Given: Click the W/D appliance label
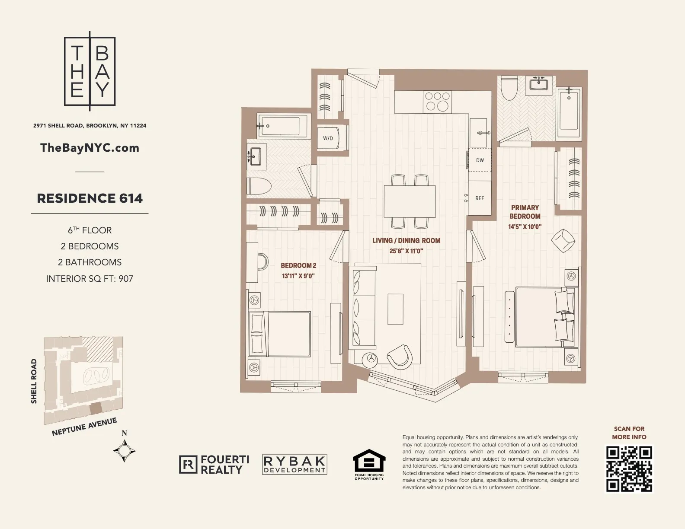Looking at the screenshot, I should [x=328, y=138].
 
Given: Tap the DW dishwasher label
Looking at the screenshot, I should [x=480, y=160].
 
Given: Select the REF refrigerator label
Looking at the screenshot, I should [x=480, y=198].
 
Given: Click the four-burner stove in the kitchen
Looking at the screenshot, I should [x=437, y=101].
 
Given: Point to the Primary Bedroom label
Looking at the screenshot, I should [x=525, y=212].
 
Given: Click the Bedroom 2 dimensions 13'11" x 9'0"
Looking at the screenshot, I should [x=298, y=275].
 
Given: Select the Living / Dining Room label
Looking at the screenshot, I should [x=406, y=240].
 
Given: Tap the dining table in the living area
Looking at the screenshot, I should [x=410, y=201].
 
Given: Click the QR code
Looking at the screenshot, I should [x=629, y=469].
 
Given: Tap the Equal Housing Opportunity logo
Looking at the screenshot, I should [x=369, y=465].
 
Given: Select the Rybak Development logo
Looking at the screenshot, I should [x=294, y=465].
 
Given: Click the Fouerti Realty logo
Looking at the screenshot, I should [x=214, y=465].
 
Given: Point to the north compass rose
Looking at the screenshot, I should [x=125, y=451].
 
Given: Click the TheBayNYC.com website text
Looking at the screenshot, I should [x=90, y=148].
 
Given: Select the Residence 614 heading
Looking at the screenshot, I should [x=90, y=198].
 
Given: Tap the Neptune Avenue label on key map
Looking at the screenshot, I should [x=84, y=427].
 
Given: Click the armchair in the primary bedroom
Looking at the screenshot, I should [x=563, y=240].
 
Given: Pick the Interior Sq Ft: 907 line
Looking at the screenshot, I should [x=90, y=279].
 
